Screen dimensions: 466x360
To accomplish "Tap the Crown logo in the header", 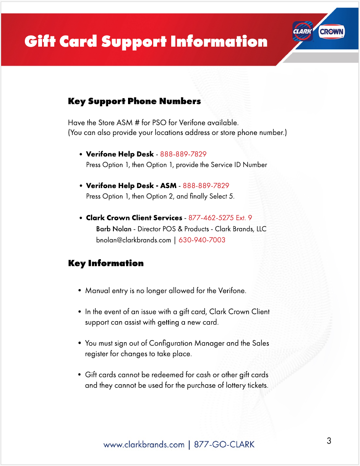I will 331,32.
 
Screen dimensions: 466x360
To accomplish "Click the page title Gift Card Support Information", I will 146,42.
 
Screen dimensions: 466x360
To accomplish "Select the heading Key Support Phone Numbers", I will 134,101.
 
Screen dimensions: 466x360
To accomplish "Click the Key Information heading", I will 106,263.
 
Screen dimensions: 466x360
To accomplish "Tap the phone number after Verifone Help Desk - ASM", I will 206,186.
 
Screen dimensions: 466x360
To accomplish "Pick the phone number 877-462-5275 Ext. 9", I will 220,218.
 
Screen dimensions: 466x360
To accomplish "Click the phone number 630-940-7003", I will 202,240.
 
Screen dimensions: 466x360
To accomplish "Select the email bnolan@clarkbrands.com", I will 133,240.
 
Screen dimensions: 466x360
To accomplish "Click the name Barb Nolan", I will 114,229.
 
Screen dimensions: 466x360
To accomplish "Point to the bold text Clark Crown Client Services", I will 134,218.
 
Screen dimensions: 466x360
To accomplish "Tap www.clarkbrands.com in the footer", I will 144,445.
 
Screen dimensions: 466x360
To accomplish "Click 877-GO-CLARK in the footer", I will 224,445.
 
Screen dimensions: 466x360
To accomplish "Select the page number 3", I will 329,441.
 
